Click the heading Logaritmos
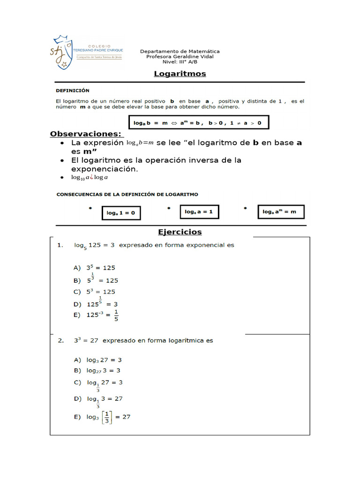click(x=180, y=74)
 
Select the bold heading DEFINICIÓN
click(x=73, y=90)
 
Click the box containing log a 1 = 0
click(x=120, y=213)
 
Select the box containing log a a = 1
click(x=199, y=212)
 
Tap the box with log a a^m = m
click(x=280, y=212)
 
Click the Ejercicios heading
click(x=180, y=232)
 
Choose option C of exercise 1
click(x=94, y=292)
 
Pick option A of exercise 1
click(x=94, y=268)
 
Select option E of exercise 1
click(x=96, y=315)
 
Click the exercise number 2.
click(x=60, y=341)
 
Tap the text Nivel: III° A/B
click(x=180, y=62)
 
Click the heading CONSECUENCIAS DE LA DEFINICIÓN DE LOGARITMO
click(x=127, y=194)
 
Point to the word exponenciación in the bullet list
click(x=105, y=169)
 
